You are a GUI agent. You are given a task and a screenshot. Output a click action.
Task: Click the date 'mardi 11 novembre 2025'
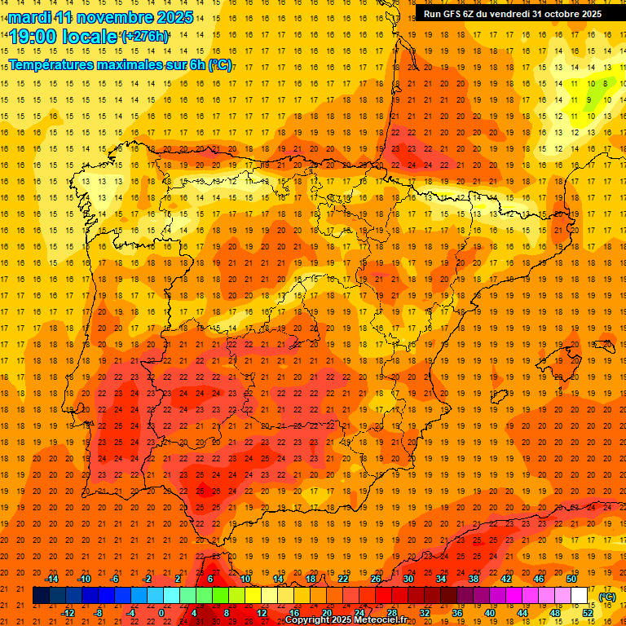[101, 17]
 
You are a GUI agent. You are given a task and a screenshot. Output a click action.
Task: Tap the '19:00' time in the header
[33, 37]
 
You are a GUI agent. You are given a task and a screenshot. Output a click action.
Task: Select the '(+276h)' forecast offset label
[145, 37]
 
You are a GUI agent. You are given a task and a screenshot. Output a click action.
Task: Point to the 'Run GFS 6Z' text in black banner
[453, 14]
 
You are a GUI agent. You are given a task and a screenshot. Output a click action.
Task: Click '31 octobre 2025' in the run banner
[567, 14]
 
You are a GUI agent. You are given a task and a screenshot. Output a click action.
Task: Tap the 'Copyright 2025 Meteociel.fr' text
[346, 620]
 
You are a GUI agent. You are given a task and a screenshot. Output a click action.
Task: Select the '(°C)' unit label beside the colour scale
[607, 597]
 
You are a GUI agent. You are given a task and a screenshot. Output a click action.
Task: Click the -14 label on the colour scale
[52, 579]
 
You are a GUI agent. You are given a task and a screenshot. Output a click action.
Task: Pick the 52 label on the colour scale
[588, 613]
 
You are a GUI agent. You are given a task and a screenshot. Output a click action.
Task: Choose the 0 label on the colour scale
[161, 613]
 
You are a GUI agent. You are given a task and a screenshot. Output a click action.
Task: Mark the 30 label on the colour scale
[408, 579]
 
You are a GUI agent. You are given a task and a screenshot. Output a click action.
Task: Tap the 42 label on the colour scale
[506, 579]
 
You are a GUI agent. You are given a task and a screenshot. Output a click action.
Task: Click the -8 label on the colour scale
[99, 613]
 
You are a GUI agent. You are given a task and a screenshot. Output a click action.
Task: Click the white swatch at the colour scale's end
[579, 596]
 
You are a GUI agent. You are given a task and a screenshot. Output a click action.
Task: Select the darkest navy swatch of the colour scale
[41, 596]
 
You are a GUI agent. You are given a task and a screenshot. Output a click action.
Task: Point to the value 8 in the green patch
[605, 83]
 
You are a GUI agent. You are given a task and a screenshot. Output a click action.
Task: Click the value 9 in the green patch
[589, 99]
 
